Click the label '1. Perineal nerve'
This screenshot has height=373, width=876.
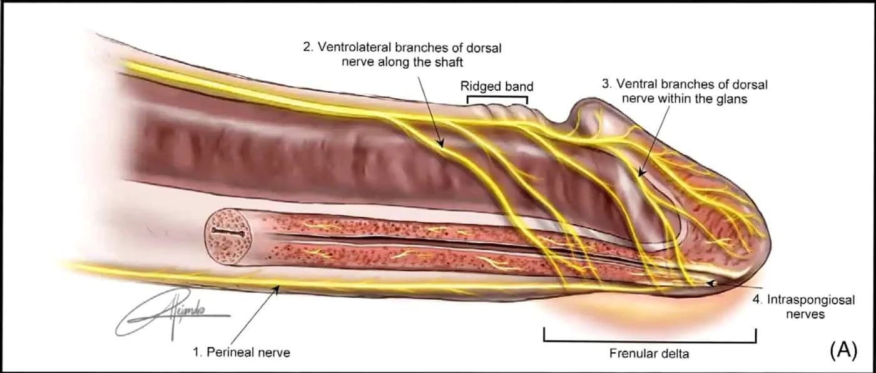click(x=242, y=352)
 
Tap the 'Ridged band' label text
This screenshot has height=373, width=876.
click(x=497, y=86)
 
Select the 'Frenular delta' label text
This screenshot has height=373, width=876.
click(x=649, y=354)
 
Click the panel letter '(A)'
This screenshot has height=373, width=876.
click(x=843, y=350)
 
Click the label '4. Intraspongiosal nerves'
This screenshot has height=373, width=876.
click(x=804, y=307)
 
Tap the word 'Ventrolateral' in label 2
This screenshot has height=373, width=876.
click(x=354, y=47)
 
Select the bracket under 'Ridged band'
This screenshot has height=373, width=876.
click(x=497, y=97)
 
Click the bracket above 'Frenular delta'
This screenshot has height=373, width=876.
click(x=650, y=341)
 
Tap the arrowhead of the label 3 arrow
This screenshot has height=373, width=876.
click(x=640, y=173)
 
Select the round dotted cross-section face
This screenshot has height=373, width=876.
click(x=227, y=237)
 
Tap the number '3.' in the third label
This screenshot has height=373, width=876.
click(x=606, y=84)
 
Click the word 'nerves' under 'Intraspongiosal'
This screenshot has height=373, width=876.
click(x=806, y=314)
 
